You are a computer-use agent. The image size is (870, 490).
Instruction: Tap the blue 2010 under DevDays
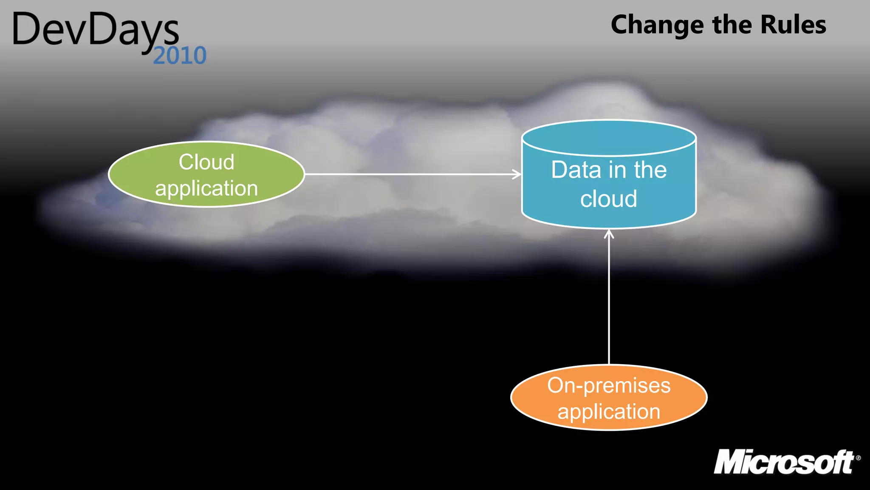pos(180,56)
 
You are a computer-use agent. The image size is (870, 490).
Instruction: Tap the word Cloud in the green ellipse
pos(206,162)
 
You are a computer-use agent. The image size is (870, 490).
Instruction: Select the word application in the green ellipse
pos(206,188)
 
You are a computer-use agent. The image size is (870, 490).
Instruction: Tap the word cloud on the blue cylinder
pos(609,199)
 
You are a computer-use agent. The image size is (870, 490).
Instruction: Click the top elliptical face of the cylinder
pos(609,137)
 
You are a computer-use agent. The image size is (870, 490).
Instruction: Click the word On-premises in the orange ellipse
pos(609,385)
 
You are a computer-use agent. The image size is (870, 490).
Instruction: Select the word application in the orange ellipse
pos(609,412)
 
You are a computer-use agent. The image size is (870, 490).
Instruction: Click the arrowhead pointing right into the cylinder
pos(517,174)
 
